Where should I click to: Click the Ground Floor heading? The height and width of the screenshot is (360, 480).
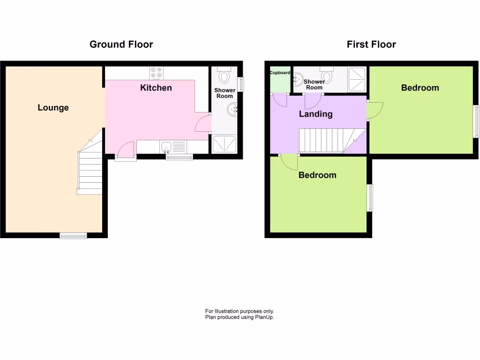121,45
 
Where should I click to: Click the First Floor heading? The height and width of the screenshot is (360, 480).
371,45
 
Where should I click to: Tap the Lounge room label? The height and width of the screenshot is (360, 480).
53,108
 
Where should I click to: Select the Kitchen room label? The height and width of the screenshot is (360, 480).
156,88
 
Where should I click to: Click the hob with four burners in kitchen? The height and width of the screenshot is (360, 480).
157,73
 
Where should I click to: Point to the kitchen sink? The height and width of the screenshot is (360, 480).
166,148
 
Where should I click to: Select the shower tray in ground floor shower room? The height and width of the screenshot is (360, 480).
225,144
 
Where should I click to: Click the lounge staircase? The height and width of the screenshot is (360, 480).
90,169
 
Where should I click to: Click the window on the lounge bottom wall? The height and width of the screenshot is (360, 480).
73,236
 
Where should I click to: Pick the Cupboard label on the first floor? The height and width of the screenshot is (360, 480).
280,73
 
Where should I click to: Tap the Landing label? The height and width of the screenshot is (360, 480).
316,114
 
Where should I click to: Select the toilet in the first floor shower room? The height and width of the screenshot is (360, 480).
327,75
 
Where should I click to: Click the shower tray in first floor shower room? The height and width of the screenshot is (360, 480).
357,79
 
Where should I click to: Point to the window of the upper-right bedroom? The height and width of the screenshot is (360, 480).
476,121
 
